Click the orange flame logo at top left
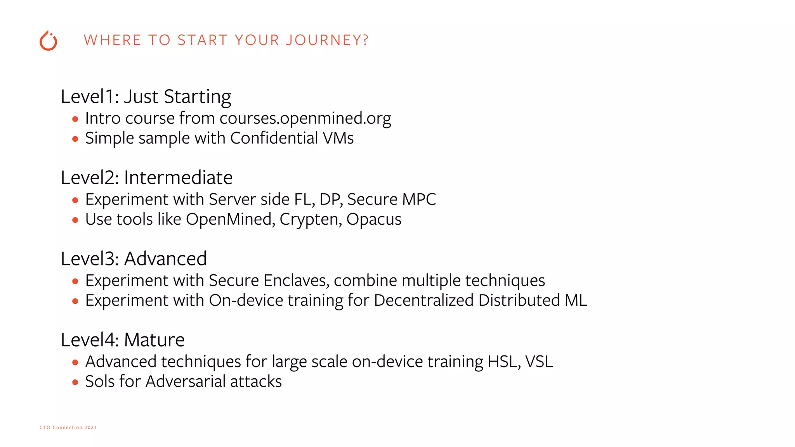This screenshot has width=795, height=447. [49, 41]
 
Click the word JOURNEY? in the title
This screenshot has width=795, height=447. [327, 40]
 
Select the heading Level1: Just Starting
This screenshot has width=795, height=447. [146, 97]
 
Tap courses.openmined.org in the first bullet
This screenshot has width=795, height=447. [305, 118]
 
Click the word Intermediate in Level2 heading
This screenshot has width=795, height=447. [178, 178]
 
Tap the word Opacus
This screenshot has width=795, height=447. [374, 220]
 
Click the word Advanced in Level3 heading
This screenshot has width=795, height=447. [165, 259]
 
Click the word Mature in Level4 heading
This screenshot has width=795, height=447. [154, 340]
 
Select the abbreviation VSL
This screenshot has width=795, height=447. [539, 362]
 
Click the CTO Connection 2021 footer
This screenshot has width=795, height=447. [68, 427]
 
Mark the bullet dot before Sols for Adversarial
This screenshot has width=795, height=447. [75, 382]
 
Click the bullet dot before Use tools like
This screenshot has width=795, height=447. [75, 220]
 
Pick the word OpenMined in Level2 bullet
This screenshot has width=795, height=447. [231, 220]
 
